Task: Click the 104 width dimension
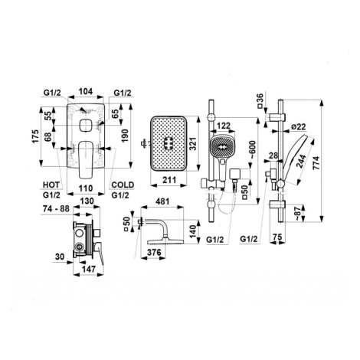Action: click(x=86, y=91)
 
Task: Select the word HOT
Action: click(x=51, y=185)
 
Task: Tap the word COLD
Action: click(x=123, y=185)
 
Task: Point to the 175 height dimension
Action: click(x=35, y=136)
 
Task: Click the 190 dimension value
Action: click(x=125, y=136)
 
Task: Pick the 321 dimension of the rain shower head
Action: click(x=192, y=144)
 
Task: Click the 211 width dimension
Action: click(x=169, y=180)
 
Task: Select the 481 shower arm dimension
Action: click(x=162, y=201)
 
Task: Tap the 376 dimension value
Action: click(x=154, y=252)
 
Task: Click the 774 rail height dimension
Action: click(x=316, y=163)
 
